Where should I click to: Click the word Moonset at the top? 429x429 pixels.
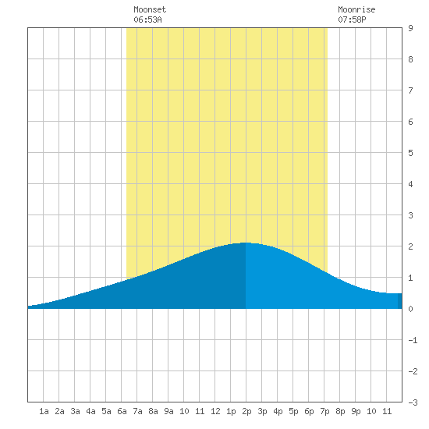[150, 9]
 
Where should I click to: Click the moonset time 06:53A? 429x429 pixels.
[147, 19]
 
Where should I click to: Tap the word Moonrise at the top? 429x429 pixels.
[356, 9]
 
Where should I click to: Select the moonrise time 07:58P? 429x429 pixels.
[352, 19]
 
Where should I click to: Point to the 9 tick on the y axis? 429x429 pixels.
[410, 28]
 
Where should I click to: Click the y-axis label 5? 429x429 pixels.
[410, 153]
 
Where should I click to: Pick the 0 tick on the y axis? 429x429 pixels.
[410, 309]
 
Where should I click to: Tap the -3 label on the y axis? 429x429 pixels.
[413, 402]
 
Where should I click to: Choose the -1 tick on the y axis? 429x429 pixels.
[413, 340]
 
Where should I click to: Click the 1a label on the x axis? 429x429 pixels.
[44, 411]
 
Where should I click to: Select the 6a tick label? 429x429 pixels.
[122, 411]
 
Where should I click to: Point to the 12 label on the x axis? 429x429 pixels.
[215, 411]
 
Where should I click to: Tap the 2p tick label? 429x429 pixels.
[246, 411]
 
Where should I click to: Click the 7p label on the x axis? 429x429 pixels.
[324, 411]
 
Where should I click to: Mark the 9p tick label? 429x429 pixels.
[356, 411]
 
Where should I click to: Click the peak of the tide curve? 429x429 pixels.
[245, 243]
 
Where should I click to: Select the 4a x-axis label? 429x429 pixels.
[90, 411]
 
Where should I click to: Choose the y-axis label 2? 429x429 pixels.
[410, 246]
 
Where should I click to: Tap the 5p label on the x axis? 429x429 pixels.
[293, 411]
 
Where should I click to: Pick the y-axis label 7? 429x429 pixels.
[410, 90]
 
